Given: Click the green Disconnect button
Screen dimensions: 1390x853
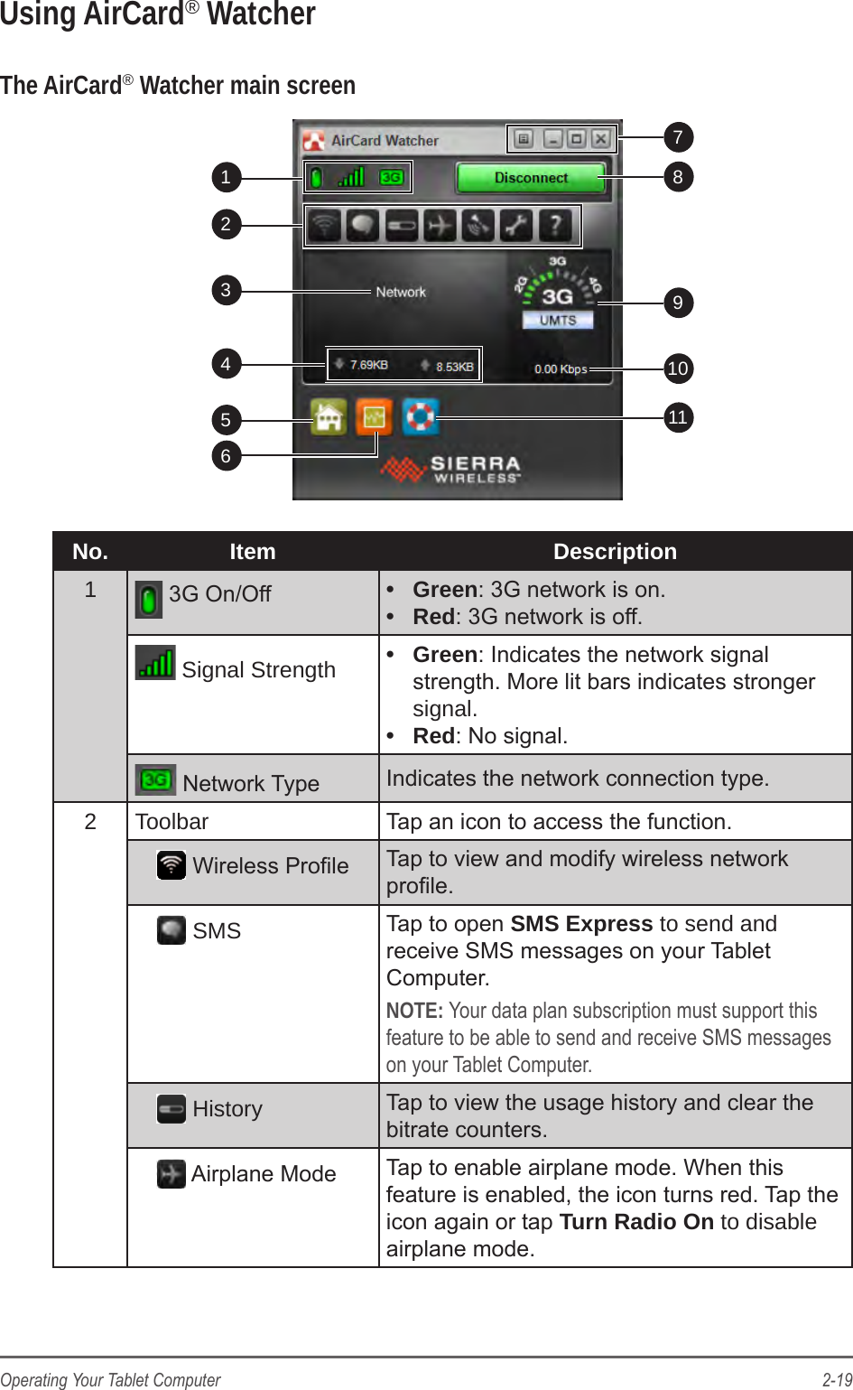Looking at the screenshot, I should [531, 178].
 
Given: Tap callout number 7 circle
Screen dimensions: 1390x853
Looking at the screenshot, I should [678, 137].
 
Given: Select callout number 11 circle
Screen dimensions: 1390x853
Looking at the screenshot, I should [678, 417].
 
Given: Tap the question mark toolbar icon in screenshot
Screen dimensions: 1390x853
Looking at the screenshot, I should [555, 225].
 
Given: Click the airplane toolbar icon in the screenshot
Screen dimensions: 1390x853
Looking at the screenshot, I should [440, 225].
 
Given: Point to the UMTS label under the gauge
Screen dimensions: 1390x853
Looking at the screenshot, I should [558, 321].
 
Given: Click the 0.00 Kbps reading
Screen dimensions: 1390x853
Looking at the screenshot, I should [560, 368].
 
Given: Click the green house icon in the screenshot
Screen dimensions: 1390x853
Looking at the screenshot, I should [329, 417].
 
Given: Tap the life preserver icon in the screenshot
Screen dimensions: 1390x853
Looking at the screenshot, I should [420, 416].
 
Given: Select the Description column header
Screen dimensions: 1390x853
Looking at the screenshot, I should [615, 552].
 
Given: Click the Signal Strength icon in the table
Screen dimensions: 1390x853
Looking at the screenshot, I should [155, 663].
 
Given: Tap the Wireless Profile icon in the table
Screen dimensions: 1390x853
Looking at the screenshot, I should [172, 865].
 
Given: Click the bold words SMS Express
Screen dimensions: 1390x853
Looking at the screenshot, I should [581, 924].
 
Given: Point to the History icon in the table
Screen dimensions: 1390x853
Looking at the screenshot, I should [172, 1109].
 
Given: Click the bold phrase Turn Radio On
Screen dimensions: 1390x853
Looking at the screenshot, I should [636, 1222].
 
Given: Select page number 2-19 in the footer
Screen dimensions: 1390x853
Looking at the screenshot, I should [836, 1379].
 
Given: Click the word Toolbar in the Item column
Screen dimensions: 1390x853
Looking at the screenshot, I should [172, 822].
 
